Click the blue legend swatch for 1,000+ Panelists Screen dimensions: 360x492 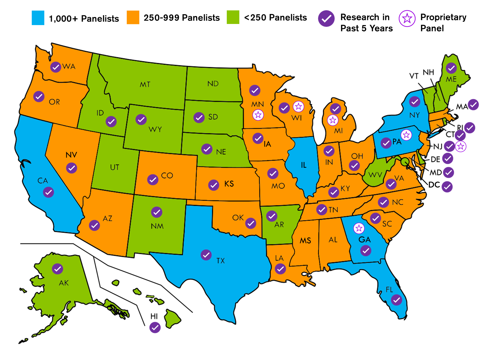(x=38, y=18)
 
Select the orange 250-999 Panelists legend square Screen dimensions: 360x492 (x=133, y=18)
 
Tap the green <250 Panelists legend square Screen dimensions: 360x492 (x=233, y=17)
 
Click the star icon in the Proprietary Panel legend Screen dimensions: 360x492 (x=407, y=18)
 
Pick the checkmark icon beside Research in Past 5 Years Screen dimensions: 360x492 (x=326, y=19)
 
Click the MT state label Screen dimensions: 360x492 (x=145, y=84)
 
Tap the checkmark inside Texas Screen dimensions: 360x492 (x=206, y=255)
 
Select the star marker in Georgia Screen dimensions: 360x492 (x=359, y=228)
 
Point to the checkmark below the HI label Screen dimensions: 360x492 (x=155, y=327)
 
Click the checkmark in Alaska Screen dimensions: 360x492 (x=58, y=269)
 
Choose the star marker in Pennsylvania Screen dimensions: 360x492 (x=406, y=135)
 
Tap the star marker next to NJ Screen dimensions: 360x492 (x=461, y=146)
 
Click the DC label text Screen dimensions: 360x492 (x=434, y=185)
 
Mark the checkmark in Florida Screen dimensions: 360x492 (x=396, y=300)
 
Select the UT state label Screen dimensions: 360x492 (x=115, y=167)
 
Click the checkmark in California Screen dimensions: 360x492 (x=48, y=192)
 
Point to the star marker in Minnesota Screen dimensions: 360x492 (x=258, y=115)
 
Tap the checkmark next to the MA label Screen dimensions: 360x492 (x=473, y=105)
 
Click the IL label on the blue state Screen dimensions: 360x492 (x=303, y=165)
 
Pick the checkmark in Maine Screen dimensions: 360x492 (x=451, y=68)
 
